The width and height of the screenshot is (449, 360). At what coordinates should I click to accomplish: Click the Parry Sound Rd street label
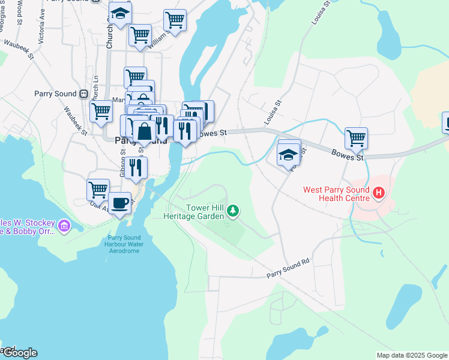288,269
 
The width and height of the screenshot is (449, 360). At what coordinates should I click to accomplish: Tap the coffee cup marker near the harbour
120,203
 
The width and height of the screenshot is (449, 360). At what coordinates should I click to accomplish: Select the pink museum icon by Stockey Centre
64,226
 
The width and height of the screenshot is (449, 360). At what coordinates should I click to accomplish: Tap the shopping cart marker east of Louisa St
356,138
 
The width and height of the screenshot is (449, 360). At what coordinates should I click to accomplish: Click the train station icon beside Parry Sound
83,94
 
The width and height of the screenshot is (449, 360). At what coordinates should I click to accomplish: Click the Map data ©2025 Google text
411,355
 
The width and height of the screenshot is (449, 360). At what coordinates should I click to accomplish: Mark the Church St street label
109,33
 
